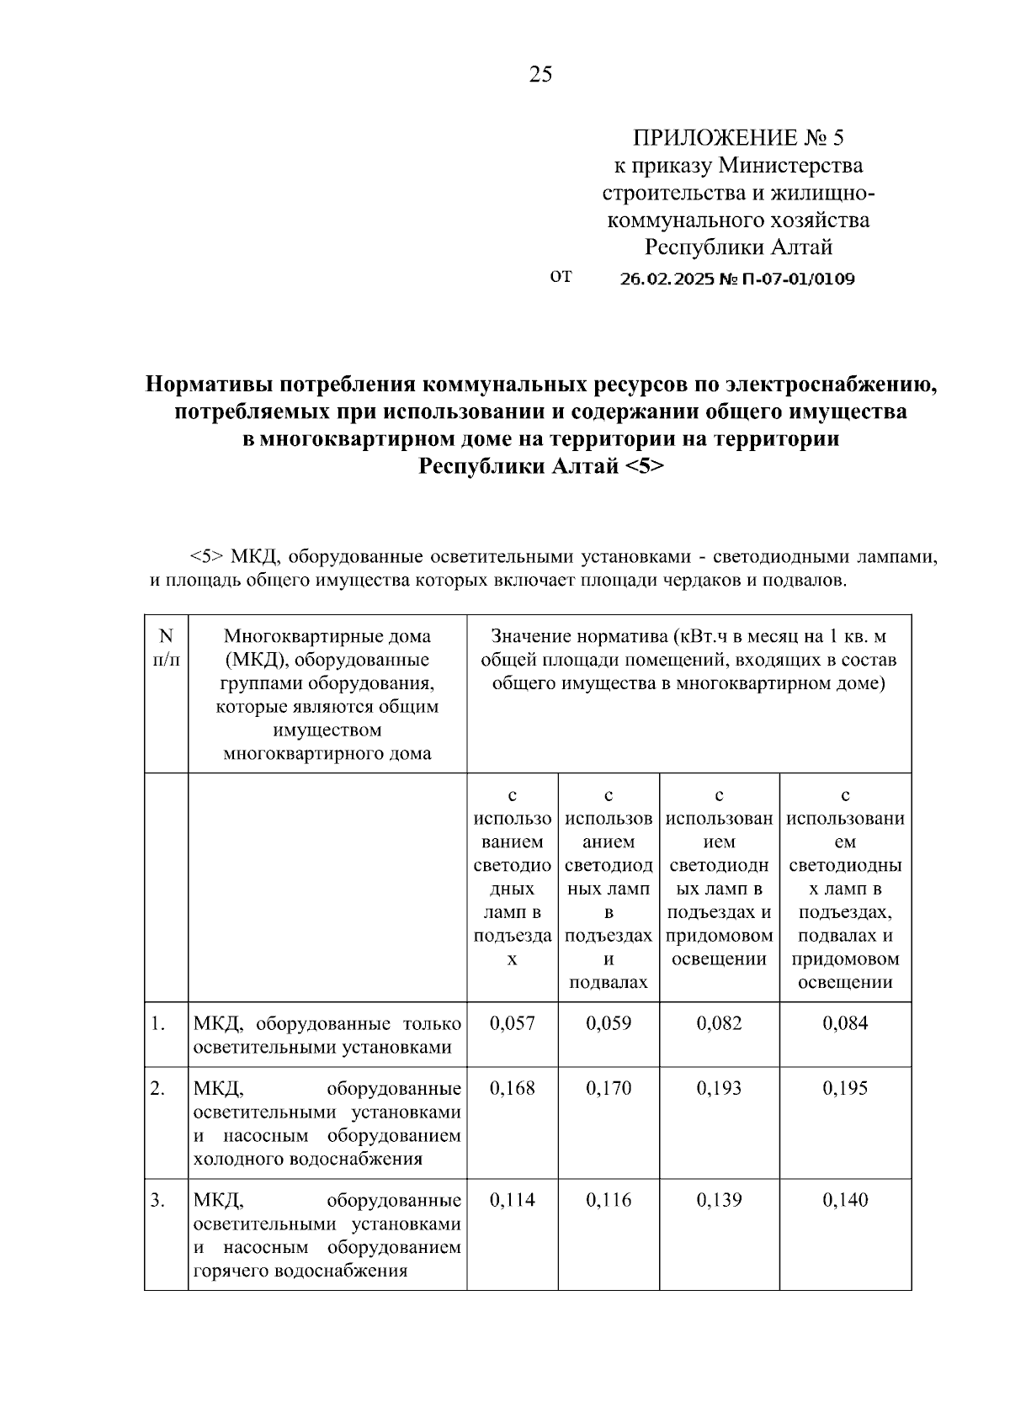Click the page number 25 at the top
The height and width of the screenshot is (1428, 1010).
coord(540,75)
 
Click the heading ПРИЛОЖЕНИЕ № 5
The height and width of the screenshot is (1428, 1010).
coord(737,138)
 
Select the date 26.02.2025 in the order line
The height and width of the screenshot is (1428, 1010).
coord(666,279)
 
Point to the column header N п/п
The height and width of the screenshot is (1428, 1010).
coord(166,649)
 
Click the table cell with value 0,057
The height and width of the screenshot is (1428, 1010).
coord(512,1023)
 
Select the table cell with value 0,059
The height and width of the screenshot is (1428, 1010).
coord(609,1023)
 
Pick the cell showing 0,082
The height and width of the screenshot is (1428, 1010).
coord(720,1023)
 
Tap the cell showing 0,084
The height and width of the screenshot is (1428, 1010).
coord(845,1023)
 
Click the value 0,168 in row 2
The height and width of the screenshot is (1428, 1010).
coord(512,1088)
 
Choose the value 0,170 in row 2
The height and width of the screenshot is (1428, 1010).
coord(609,1088)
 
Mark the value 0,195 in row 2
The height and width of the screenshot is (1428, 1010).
coord(845,1088)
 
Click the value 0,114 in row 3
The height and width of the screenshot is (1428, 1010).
coord(512,1200)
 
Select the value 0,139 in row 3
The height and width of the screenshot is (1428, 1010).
coord(720,1200)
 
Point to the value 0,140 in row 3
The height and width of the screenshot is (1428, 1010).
coord(845,1200)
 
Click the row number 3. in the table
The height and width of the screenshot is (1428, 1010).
coord(158,1200)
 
